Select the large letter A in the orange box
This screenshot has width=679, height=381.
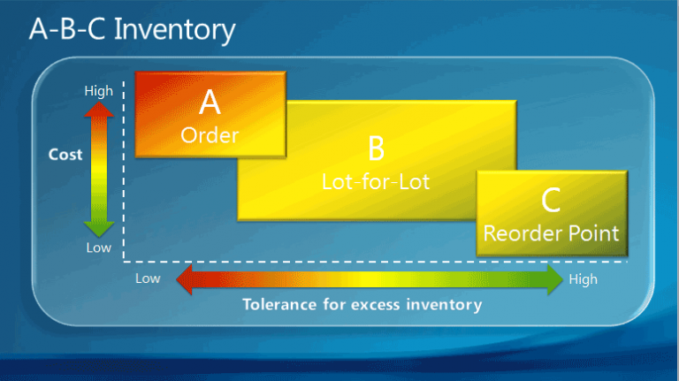210,103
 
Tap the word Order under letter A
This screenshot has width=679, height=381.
210,135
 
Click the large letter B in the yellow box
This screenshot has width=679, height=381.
376,149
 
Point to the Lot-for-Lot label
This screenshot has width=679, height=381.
376,181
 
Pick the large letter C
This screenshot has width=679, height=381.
551,202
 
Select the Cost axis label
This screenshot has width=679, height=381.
65,155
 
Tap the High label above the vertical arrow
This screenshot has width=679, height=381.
98,91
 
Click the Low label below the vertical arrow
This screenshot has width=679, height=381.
98,248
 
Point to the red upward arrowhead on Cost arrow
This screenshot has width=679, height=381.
98,110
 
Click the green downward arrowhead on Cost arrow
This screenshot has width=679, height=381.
98,227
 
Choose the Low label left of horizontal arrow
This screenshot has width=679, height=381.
149,279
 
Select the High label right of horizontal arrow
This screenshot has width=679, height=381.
584,279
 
